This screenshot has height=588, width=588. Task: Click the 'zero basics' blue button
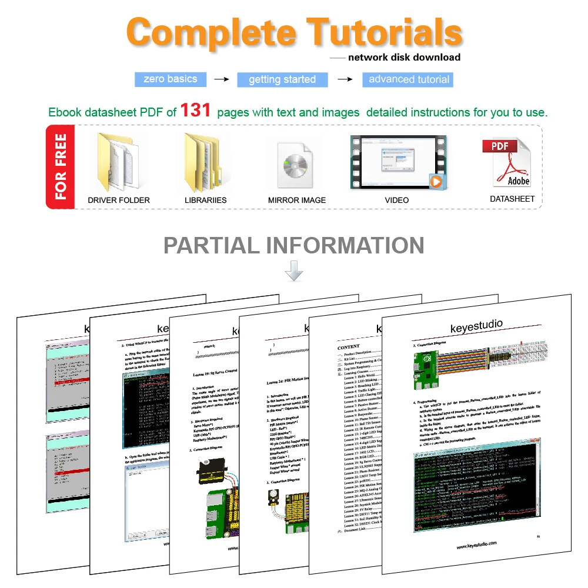click(x=170, y=79)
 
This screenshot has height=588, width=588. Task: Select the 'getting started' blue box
click(x=282, y=79)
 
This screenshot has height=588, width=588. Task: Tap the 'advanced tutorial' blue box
click(x=409, y=79)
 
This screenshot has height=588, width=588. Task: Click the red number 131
click(x=196, y=110)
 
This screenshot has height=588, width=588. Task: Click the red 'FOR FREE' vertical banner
click(x=61, y=167)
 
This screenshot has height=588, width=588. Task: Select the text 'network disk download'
click(x=404, y=58)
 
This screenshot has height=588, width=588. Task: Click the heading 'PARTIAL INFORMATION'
click(x=294, y=245)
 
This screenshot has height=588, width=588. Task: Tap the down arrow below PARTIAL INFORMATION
click(x=294, y=272)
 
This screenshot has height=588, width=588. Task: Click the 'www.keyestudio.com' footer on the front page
click(x=477, y=545)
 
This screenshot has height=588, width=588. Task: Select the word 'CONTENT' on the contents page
click(x=349, y=347)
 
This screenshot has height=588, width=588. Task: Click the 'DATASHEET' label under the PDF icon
click(x=512, y=199)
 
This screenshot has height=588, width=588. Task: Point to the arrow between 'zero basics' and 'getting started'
click(x=221, y=79)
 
